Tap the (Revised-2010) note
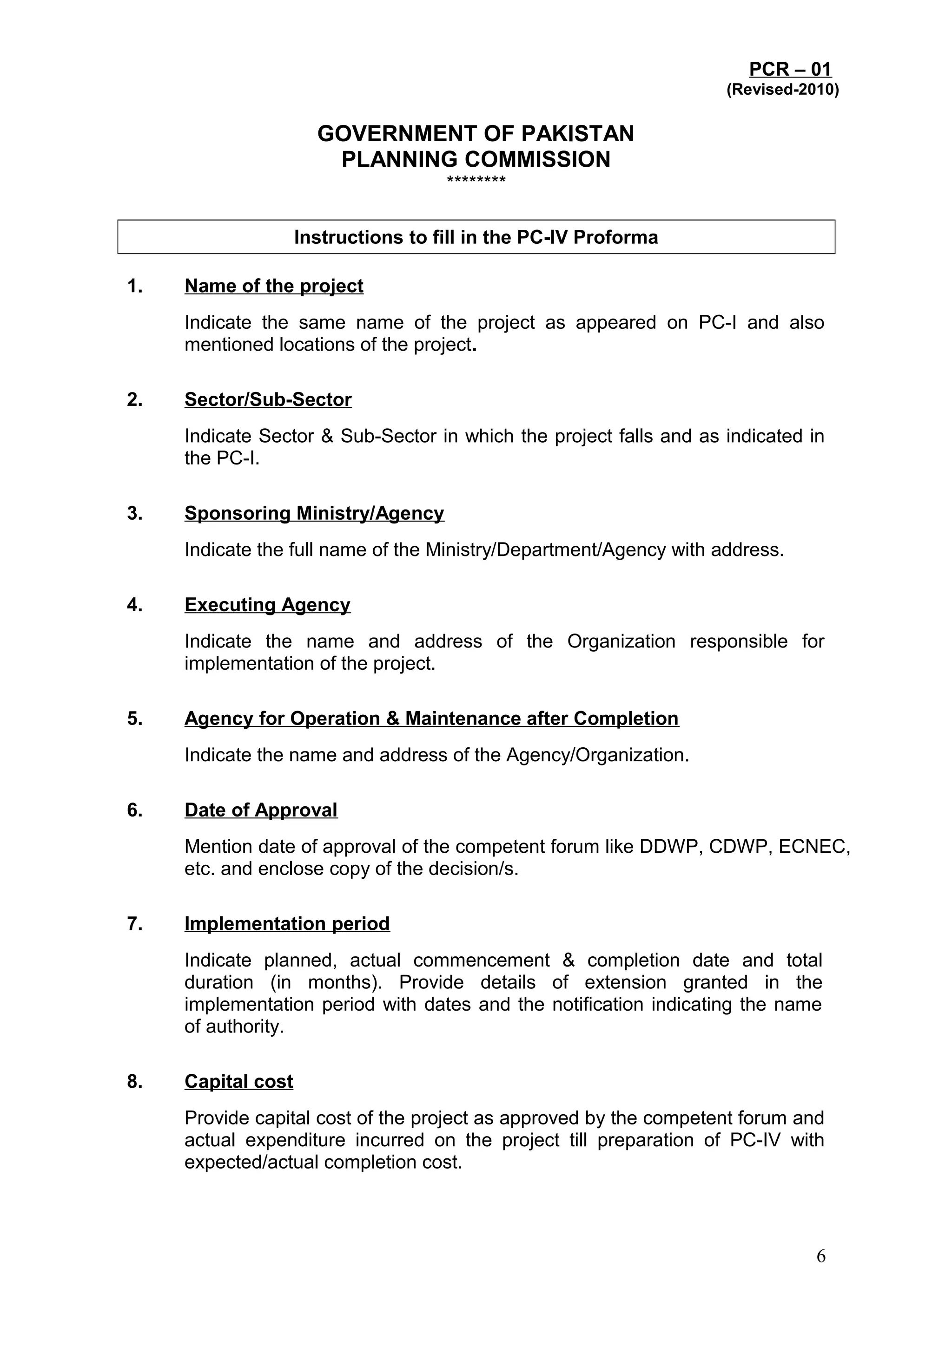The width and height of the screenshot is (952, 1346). point(782,90)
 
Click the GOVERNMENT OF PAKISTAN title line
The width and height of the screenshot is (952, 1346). point(475,134)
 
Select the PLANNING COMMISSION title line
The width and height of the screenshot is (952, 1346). point(475,159)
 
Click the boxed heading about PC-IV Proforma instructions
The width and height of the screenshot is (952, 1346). point(476,237)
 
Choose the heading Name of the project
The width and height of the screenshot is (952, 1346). point(274,286)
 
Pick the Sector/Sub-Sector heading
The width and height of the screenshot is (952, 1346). point(268,400)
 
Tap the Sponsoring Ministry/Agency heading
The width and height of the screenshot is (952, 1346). point(314,514)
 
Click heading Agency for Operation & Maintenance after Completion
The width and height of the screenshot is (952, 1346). point(432,719)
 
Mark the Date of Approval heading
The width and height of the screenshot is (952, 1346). point(261,810)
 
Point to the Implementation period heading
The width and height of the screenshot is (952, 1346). point(287,924)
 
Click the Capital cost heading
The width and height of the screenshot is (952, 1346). point(239,1082)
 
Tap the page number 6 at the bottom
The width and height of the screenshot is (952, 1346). point(820,1256)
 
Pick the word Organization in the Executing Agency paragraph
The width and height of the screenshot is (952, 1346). point(621,641)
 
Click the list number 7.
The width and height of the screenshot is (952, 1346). point(134,924)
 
